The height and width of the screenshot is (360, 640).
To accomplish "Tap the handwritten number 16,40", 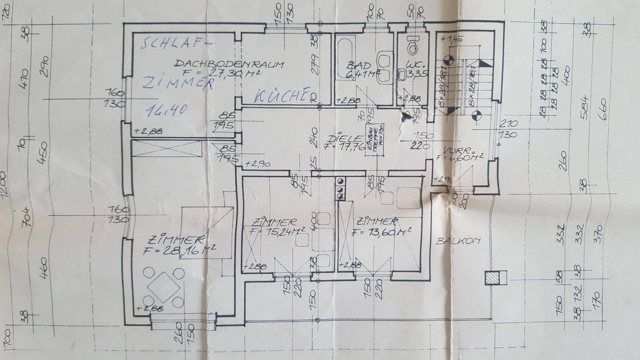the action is tap(166, 110).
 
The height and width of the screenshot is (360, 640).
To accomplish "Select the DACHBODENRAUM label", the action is tap(229, 64).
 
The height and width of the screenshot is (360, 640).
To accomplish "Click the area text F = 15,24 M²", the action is tap(277, 231).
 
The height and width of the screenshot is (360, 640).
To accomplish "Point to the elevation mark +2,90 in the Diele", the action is tap(258, 164).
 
